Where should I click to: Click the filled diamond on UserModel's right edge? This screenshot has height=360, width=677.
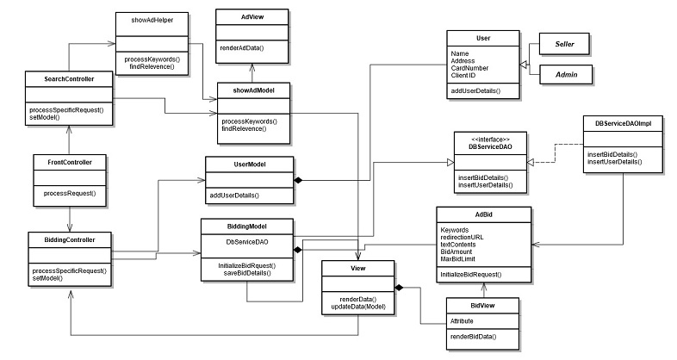coord(298,180)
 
